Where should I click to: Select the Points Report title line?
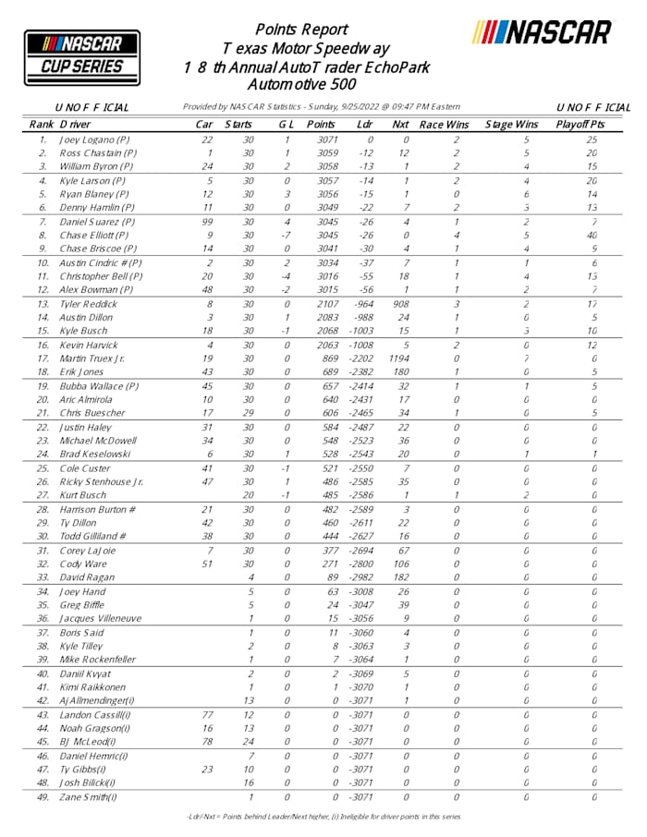pos(301,30)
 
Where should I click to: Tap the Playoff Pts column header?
pos(580,124)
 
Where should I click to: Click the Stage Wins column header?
pos(511,124)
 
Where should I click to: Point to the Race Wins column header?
pos(444,124)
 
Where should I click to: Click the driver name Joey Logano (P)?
pos(95,139)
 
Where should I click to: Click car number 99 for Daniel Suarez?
pos(208,222)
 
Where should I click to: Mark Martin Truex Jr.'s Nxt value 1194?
pos(399,358)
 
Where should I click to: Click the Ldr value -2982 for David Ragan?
pos(367,577)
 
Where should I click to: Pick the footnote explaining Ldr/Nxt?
pos(323,817)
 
